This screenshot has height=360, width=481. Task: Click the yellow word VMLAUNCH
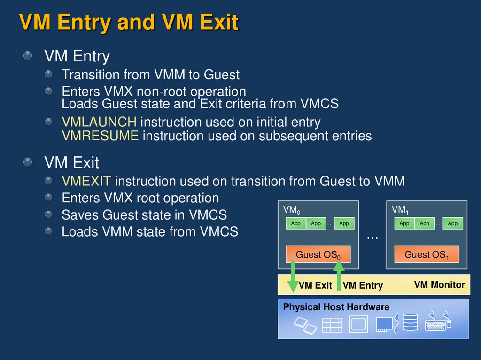pos(99,122)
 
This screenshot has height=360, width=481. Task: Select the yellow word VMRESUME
pos(100,136)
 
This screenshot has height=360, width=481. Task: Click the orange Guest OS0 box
pos(318,255)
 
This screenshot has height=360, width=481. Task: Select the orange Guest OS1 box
pos(427,255)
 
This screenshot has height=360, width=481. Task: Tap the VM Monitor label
pos(439,285)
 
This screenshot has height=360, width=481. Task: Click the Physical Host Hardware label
pos(336,307)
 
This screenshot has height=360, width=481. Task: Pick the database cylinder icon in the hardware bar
pos(410,322)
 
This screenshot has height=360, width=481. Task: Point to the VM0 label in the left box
pos(290,210)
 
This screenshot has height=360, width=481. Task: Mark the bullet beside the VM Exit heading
pos(29,162)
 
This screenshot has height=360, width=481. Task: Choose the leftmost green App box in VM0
pos(295,223)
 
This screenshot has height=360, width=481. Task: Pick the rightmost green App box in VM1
pos(452,223)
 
